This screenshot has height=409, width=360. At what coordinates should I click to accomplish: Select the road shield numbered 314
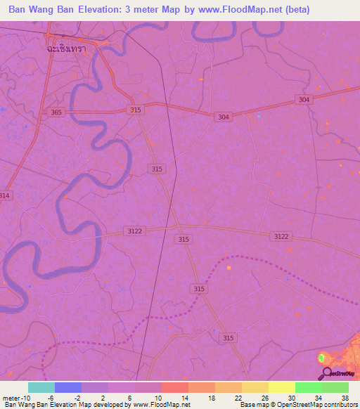5,195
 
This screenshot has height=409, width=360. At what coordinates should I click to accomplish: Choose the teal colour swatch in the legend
41,387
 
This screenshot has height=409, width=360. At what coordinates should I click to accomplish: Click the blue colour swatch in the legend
68,387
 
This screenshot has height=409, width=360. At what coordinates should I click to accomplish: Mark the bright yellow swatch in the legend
282,387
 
